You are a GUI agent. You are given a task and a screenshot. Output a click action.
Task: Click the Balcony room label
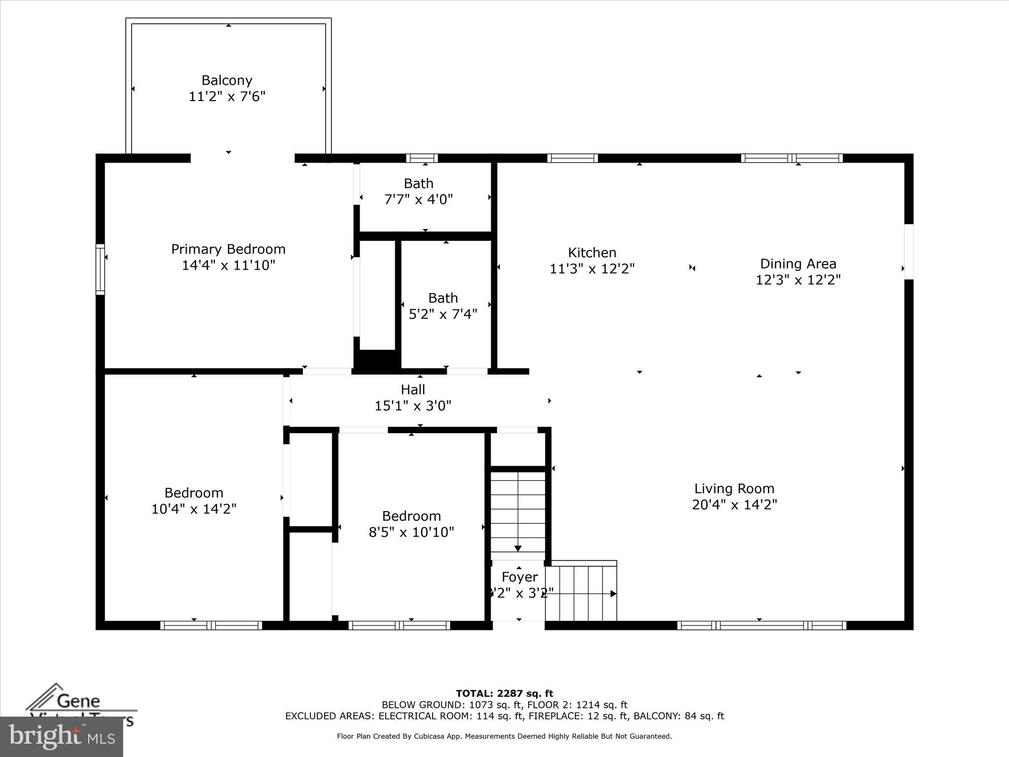click(227, 80)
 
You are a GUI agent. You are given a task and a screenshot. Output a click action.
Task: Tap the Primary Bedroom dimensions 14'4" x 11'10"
click(228, 265)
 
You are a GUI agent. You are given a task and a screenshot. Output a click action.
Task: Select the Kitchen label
click(592, 253)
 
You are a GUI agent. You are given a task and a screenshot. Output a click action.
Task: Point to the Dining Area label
click(798, 264)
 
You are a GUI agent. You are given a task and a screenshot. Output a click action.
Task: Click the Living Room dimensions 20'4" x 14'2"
click(734, 505)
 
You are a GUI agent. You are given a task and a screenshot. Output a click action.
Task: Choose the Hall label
click(412, 390)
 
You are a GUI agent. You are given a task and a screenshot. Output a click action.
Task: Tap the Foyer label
click(519, 577)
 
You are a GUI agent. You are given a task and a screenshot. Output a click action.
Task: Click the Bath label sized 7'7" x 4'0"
click(418, 184)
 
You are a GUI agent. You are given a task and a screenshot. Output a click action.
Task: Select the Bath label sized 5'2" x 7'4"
click(442, 298)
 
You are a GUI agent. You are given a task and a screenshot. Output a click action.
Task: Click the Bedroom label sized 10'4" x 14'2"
click(194, 493)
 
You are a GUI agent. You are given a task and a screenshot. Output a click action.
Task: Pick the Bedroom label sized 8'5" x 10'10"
click(411, 516)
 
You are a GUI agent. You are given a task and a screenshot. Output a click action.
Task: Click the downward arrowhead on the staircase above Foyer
click(518, 549)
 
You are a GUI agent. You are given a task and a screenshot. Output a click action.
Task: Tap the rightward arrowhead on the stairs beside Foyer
click(613, 594)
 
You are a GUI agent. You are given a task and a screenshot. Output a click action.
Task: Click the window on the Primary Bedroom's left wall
click(100, 269)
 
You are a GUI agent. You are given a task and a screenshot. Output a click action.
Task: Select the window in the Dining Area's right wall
click(908, 252)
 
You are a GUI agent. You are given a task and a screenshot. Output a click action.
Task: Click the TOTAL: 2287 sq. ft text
click(504, 694)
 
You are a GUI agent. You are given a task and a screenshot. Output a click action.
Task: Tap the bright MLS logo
click(62, 736)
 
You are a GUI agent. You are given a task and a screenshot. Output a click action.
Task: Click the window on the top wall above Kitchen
click(572, 158)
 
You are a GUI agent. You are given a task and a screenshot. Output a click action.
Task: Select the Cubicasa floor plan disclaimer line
click(504, 736)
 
